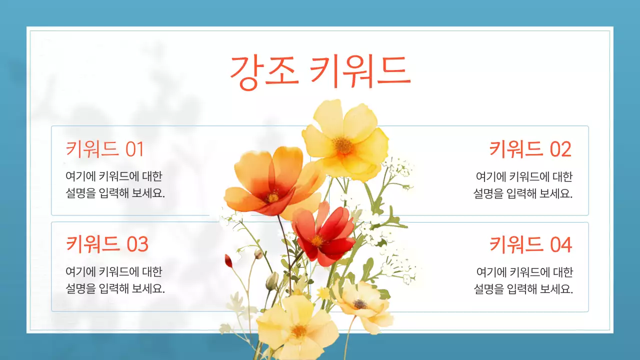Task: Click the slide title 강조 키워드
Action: (x=320, y=72)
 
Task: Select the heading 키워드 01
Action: (x=105, y=149)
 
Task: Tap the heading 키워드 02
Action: (x=530, y=149)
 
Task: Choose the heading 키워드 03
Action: (x=107, y=244)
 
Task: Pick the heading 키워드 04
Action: (x=530, y=244)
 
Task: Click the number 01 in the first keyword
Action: (x=134, y=149)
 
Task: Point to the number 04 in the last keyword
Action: (x=560, y=244)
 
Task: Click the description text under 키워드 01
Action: (x=115, y=185)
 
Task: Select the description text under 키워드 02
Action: (x=523, y=185)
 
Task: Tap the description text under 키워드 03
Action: (x=115, y=280)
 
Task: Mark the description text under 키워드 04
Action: (x=523, y=280)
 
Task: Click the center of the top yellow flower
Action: (x=343, y=145)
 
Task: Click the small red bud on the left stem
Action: (x=228, y=260)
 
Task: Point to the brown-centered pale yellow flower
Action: (x=360, y=303)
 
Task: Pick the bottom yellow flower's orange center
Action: (x=299, y=330)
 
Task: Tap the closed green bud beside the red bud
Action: (x=271, y=281)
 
